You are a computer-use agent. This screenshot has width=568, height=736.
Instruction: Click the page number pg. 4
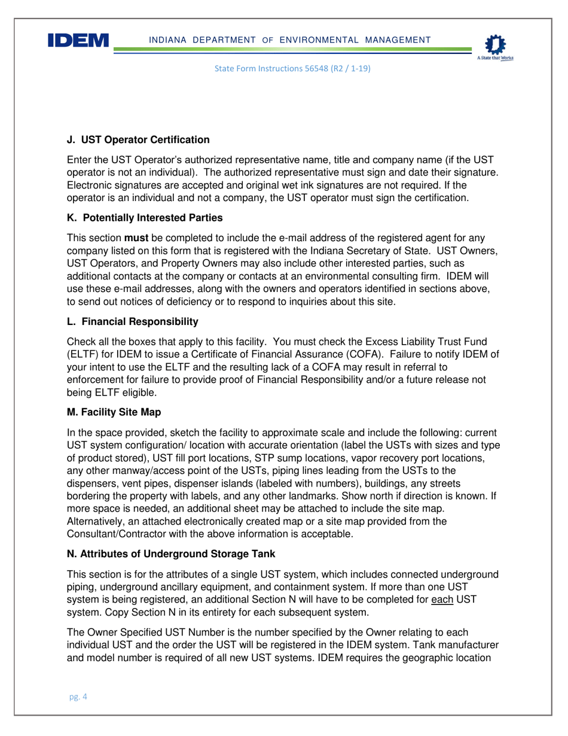(78, 697)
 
